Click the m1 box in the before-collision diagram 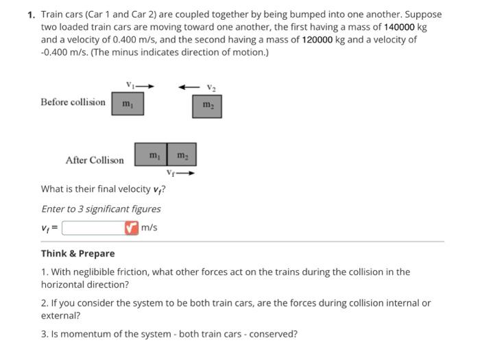128,105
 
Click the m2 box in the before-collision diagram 207,105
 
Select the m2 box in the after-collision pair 182,154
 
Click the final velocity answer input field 93,227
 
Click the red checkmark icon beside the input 131,227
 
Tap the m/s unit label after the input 149,227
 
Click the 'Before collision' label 73,102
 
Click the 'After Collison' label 95,160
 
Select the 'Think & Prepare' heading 78,253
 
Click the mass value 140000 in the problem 397,26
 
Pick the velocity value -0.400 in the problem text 56,52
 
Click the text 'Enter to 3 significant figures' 101,208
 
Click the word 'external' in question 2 60,315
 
